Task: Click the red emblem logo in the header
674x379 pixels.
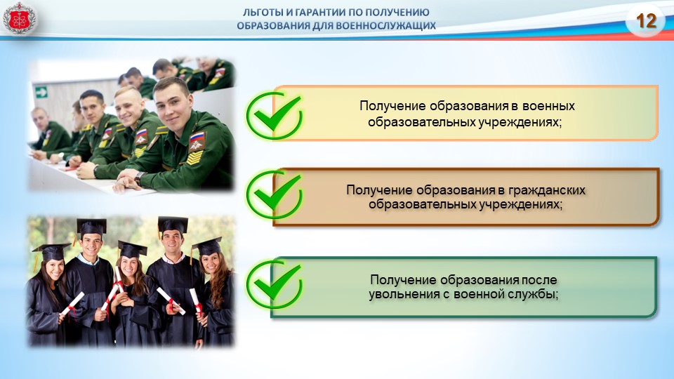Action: pos(19,18)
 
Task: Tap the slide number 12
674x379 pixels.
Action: pos(646,20)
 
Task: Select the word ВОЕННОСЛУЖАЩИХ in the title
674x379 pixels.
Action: pos(385,26)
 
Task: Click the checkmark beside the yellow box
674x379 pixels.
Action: pos(274,115)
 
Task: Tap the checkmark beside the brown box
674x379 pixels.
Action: pos(274,194)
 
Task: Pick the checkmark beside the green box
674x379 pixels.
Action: pos(274,284)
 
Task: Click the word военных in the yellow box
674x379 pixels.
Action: pos(549,106)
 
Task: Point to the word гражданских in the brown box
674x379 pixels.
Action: pos(547,190)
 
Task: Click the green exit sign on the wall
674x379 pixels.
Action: pos(41,92)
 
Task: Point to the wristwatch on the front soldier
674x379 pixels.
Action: pos(139,178)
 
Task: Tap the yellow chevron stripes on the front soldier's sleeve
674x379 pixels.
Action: pos(195,157)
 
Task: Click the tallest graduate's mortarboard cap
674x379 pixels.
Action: pos(173,225)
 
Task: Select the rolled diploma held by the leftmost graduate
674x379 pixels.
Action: pos(73,303)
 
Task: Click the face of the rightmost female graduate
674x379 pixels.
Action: pos(211,262)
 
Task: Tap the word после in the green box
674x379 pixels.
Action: pos(539,280)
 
